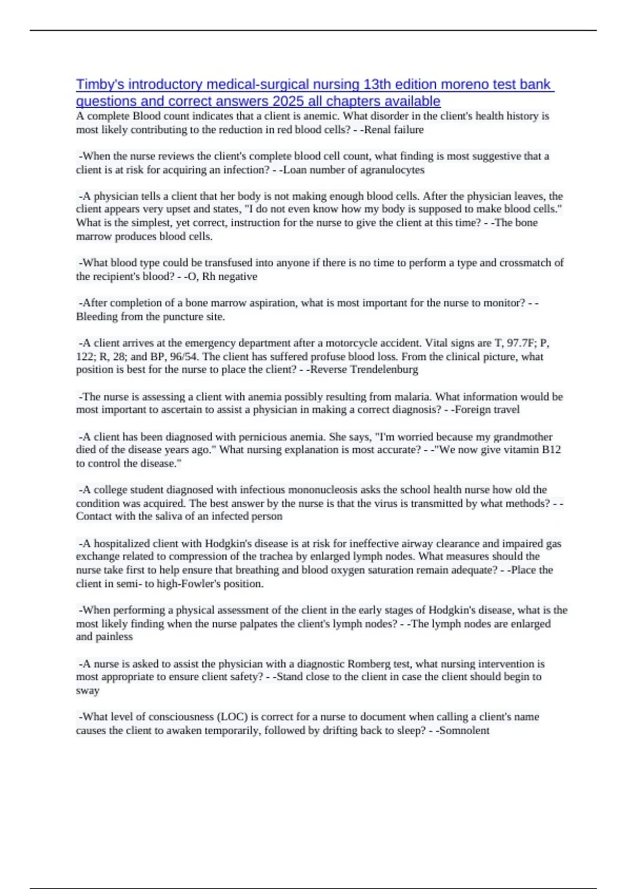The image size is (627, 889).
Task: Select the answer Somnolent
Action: (465, 731)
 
